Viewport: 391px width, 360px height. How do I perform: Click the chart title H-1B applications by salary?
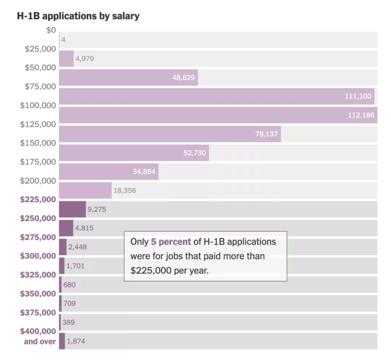[78, 16]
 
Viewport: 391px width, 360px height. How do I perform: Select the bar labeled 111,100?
[216, 96]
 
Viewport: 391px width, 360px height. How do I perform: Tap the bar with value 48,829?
[128, 77]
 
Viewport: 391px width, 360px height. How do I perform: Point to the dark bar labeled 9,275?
[72, 209]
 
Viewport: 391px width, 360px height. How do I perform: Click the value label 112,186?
[361, 115]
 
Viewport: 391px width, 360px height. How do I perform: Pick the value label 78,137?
[266, 134]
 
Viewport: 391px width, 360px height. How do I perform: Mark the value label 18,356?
[125, 191]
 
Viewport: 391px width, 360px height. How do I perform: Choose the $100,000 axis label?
[38, 105]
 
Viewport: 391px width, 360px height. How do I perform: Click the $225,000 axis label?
[38, 200]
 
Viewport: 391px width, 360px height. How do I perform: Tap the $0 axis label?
[51, 30]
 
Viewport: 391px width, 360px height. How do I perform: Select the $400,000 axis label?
[38, 331]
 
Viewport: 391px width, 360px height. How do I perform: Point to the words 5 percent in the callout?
[171, 242]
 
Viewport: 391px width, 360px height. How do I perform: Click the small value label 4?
[63, 39]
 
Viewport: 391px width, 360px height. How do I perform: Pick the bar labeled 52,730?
[134, 152]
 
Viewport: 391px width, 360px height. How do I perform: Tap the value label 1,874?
[76, 341]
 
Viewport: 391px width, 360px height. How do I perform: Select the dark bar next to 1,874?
[62, 341]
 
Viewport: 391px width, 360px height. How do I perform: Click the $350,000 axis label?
[38, 294]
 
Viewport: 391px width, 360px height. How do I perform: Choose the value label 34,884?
[144, 172]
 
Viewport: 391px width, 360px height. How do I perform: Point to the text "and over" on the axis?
[40, 342]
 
